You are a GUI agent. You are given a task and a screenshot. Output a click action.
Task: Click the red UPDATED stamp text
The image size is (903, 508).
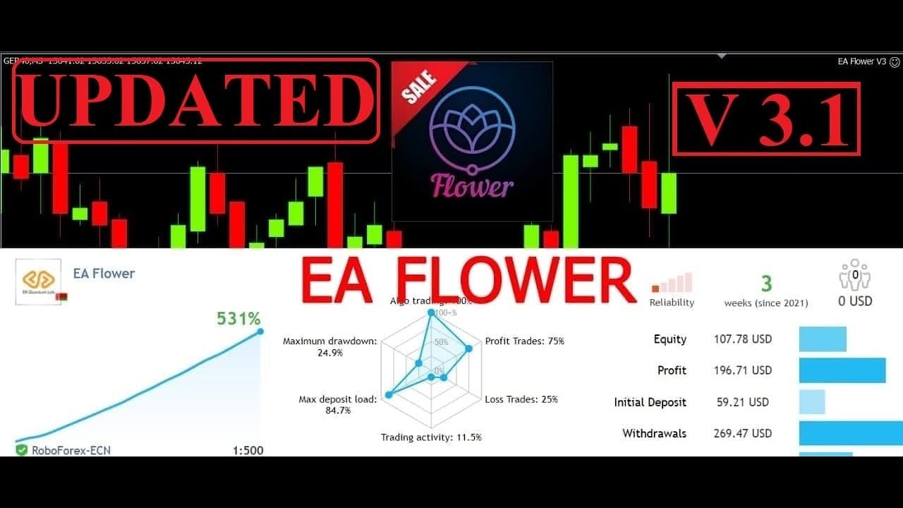click(x=196, y=100)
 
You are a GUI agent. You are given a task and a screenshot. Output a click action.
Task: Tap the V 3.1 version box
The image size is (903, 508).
click(x=766, y=119)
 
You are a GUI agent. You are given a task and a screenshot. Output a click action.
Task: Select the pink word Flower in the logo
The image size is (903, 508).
click(x=472, y=187)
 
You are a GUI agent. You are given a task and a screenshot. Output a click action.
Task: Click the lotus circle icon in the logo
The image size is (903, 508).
click(x=472, y=127)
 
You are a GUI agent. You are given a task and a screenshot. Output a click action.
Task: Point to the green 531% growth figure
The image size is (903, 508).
click(x=238, y=319)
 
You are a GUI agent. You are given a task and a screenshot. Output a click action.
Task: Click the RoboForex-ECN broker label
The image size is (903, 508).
click(x=71, y=450)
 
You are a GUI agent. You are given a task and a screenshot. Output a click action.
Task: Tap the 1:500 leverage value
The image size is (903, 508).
click(x=248, y=450)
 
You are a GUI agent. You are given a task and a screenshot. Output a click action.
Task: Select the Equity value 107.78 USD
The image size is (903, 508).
click(x=742, y=339)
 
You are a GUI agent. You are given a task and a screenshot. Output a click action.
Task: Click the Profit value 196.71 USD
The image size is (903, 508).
click(x=742, y=370)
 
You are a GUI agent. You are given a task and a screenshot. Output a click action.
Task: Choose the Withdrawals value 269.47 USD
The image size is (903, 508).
click(x=742, y=433)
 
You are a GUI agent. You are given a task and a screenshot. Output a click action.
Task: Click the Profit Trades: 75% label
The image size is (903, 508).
click(x=524, y=341)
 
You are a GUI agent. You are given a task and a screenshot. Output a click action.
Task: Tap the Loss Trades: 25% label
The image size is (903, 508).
click(x=521, y=399)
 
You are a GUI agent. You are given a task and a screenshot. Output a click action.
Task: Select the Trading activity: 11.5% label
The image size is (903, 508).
click(x=431, y=437)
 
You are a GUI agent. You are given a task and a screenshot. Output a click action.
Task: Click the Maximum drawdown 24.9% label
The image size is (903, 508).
click(x=329, y=346)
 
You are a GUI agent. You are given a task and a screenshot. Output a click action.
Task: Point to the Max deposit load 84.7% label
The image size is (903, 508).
click(x=337, y=404)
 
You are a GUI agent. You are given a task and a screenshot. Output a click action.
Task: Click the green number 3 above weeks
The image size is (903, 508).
click(x=766, y=284)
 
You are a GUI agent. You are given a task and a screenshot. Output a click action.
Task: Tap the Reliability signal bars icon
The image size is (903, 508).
click(x=672, y=284)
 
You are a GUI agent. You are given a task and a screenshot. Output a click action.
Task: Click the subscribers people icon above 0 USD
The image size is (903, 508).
click(x=854, y=275)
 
